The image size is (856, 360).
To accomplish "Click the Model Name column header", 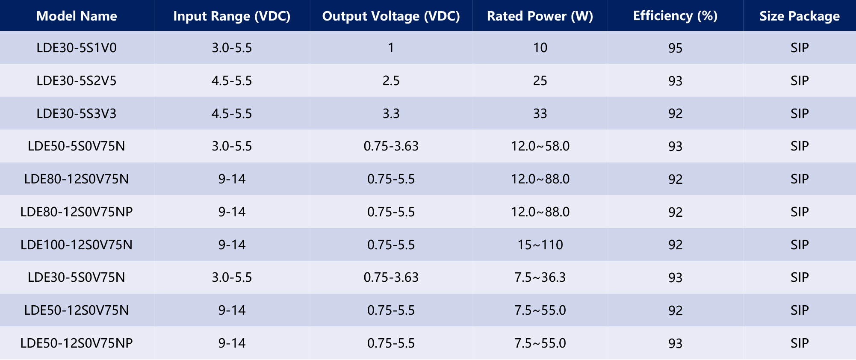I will (77, 16).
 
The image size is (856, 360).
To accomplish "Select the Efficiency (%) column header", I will (675, 16).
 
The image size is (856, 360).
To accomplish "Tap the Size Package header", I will (800, 16).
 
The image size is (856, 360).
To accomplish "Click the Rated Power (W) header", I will (540, 16).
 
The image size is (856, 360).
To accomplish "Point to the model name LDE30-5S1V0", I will (77, 47).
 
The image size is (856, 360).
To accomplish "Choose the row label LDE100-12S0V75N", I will (77, 245).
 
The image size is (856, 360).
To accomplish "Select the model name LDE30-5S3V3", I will (77, 113).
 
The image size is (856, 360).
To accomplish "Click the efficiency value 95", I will (675, 48).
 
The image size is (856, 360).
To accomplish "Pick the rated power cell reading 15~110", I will (540, 245).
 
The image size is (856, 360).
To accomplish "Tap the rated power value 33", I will (540, 113).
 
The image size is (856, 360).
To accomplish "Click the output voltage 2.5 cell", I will (391, 80).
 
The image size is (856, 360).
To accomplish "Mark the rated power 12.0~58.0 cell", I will (540, 146).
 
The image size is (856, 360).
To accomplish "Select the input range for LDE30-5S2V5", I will (232, 80).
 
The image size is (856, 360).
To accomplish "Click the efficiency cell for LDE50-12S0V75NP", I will (675, 343).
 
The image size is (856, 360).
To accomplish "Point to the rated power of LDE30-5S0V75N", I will (540, 277).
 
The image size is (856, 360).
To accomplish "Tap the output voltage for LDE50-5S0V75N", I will (391, 146).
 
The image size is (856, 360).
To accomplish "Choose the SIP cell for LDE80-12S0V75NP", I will (800, 212).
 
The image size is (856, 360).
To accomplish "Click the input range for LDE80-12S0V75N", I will (232, 179).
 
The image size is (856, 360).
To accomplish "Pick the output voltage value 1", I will (391, 47).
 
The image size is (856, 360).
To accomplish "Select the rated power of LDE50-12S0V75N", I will (540, 310).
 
